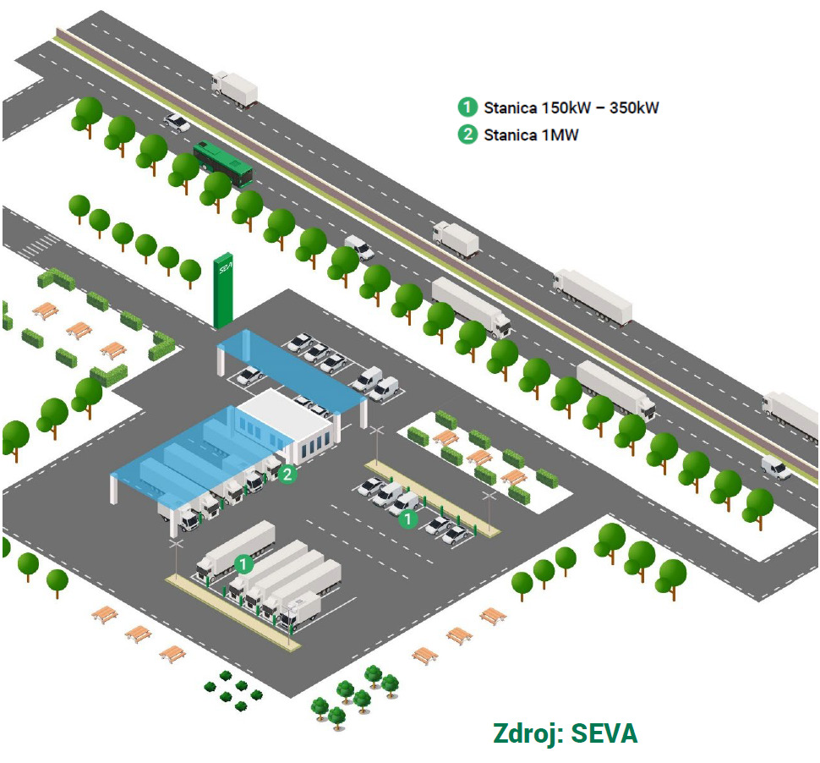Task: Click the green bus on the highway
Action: pyautogui.click(x=223, y=164)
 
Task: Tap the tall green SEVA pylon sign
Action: pyautogui.click(x=223, y=290)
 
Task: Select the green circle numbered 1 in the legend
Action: pyautogui.click(x=467, y=107)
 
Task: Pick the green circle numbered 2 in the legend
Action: pyautogui.click(x=467, y=134)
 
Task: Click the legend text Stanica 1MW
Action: pyautogui.click(x=531, y=135)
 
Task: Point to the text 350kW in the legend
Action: pyautogui.click(x=634, y=107)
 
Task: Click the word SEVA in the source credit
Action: pyautogui.click(x=604, y=733)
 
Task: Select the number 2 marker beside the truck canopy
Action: pyautogui.click(x=287, y=475)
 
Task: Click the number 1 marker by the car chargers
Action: pyautogui.click(x=408, y=519)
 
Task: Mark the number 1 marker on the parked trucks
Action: pyautogui.click(x=243, y=564)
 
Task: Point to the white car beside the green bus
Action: pyautogui.click(x=177, y=123)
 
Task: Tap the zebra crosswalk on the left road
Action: pyautogui.click(x=39, y=245)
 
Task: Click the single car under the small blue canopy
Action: pyautogui.click(x=250, y=376)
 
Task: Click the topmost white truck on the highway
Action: pyautogui.click(x=234, y=89)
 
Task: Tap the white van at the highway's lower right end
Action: pyautogui.click(x=776, y=467)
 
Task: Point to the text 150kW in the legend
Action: pyautogui.click(x=566, y=107)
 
